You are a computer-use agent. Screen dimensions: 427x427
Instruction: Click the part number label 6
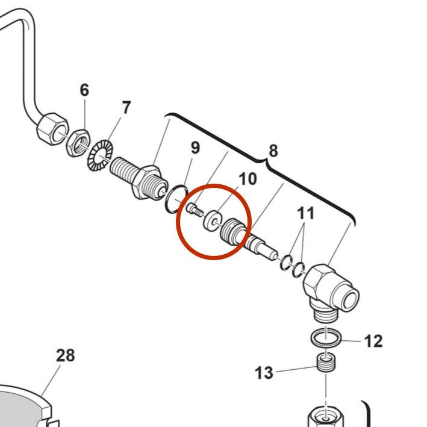pos(84,90)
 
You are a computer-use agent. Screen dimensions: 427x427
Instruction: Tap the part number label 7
pos(126,108)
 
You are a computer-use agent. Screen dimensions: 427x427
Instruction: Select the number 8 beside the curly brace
pos(273,151)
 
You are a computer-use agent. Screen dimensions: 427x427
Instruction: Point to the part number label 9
pos(195,147)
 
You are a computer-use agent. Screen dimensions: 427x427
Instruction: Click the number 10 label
pos(248,179)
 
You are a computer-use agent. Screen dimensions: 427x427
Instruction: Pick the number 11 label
pos(305,213)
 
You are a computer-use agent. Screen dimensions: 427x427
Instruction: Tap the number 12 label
pos(373,341)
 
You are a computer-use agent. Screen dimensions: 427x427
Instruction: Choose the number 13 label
pos(264,373)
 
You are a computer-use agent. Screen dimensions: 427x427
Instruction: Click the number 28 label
pos(66,355)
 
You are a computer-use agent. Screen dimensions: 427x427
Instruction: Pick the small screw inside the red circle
pos(194,210)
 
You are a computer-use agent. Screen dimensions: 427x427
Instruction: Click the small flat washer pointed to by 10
pos(211,220)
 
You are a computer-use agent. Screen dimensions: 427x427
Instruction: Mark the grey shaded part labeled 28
pos(21,407)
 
